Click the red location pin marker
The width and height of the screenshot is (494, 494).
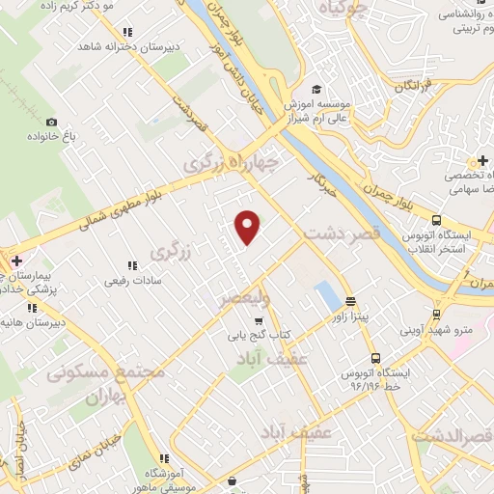[249, 228]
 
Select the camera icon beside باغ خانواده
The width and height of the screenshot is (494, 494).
[51, 123]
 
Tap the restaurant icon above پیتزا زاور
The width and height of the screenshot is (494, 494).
[349, 300]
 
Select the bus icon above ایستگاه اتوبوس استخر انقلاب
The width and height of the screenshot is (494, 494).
[437, 220]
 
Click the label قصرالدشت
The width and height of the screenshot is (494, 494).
[453, 435]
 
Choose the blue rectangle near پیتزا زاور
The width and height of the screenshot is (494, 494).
[327, 293]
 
